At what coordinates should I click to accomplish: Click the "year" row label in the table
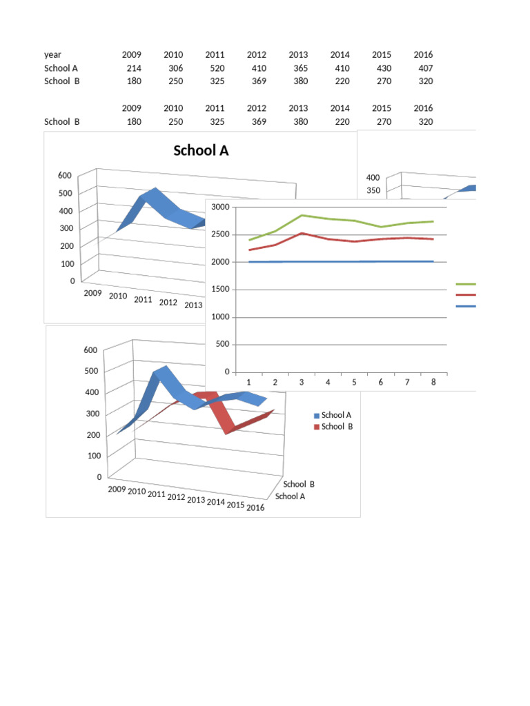52,54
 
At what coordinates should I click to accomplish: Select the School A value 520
216,68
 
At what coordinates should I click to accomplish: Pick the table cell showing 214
134,68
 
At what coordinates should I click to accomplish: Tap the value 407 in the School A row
424,68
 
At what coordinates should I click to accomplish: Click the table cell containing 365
300,68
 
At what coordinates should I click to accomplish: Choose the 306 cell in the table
175,68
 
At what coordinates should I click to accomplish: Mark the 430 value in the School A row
382,68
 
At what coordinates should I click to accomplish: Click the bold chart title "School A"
201,151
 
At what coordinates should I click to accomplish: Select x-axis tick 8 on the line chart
433,382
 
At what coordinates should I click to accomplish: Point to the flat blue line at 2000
345,262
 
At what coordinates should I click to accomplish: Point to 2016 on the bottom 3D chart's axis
255,508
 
